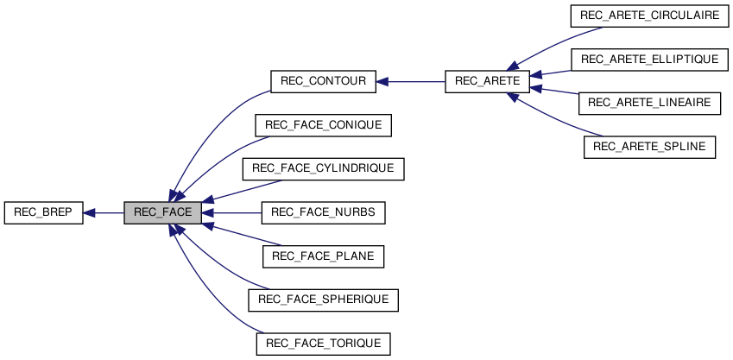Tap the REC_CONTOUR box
point(323,82)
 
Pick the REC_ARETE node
point(486,82)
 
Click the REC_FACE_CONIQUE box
point(323,125)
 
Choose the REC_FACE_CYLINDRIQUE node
point(323,169)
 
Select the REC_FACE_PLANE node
point(323,256)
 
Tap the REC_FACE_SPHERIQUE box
point(323,300)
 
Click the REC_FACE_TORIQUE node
point(323,344)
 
